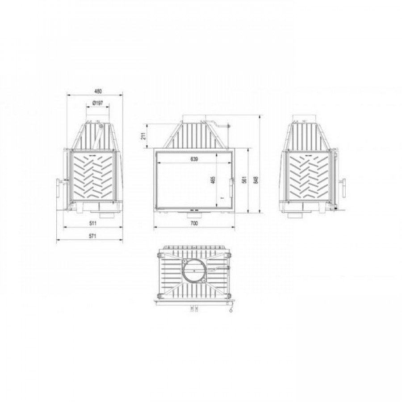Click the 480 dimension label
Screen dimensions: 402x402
click(98, 91)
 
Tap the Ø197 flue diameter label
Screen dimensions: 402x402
click(97, 103)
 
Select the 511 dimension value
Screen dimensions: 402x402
click(93, 223)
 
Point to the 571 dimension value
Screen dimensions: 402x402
click(92, 236)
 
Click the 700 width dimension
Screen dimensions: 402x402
click(194, 223)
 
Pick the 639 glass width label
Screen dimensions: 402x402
click(194, 159)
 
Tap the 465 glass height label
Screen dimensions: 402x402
click(213, 180)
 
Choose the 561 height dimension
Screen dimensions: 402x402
click(244, 180)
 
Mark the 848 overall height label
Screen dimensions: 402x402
click(255, 180)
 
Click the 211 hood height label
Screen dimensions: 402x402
click(144, 136)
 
